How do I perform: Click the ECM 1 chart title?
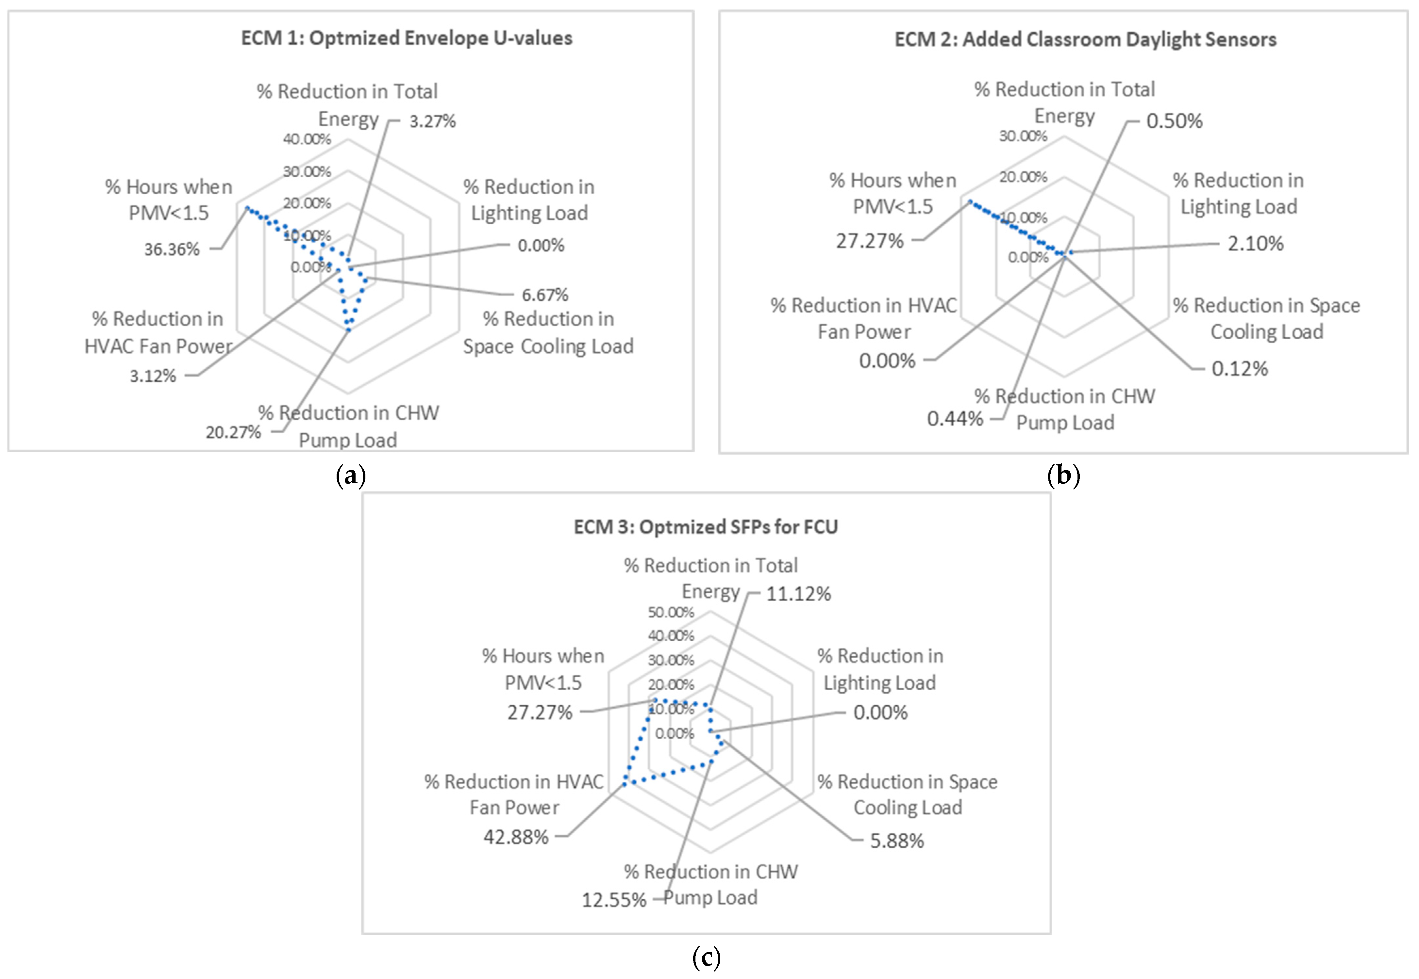point(406,38)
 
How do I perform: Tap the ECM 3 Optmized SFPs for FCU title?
point(706,527)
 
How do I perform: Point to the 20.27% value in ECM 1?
point(233,432)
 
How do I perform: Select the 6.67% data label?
point(545,295)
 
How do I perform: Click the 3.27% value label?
point(433,121)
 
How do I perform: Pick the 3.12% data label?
point(153,376)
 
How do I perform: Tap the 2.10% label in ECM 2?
point(1255,244)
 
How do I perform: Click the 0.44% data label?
point(955,419)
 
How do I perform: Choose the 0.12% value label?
point(1239,369)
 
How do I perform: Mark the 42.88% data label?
point(516,837)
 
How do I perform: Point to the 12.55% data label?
point(614,900)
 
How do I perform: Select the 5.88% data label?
point(897,840)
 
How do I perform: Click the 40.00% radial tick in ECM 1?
point(307,139)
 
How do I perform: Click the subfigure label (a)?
point(351,476)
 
